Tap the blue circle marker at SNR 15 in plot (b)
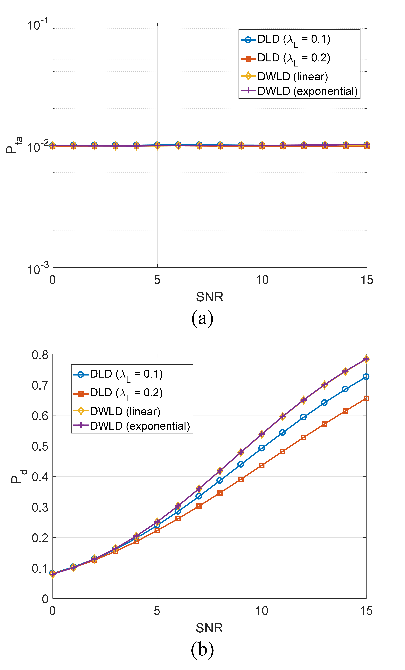[x=366, y=377]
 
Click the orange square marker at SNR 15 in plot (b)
[x=366, y=398]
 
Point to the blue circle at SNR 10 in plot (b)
[x=261, y=448]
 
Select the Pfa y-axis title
[x=14, y=145]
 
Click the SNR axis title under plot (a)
[x=209, y=297]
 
